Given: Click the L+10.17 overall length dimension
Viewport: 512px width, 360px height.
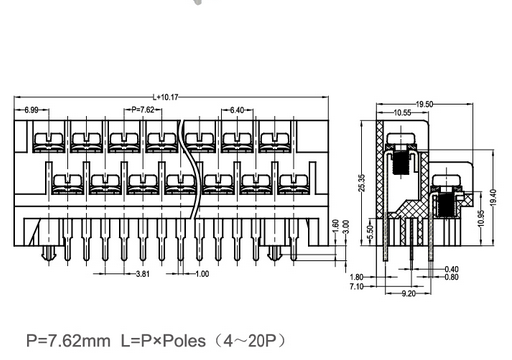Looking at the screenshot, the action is tap(166, 97).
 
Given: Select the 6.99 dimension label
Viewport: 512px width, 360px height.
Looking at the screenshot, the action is tap(31, 110).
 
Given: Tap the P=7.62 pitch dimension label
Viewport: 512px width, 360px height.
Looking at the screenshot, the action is tap(143, 110).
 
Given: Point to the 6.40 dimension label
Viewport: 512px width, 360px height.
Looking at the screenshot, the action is tap(237, 110).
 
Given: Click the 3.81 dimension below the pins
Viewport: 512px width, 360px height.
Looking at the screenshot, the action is tap(143, 274).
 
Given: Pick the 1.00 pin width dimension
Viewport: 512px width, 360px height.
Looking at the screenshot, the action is tap(202, 274).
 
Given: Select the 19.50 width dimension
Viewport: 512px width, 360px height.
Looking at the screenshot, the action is tap(424, 104).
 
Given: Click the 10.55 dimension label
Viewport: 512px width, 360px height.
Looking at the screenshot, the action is tap(402, 113).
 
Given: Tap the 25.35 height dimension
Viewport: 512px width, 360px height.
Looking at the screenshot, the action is tap(362, 183).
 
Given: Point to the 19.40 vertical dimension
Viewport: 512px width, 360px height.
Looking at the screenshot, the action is tap(493, 197).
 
